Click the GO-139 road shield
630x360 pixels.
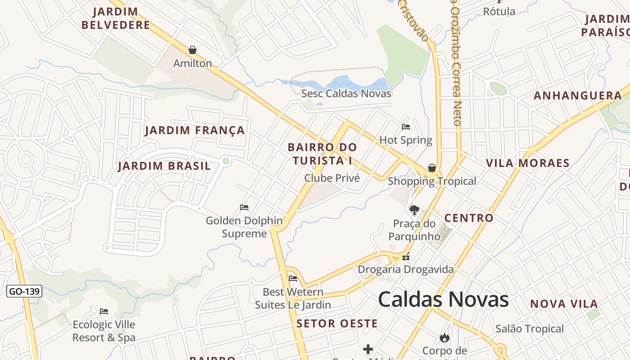24,291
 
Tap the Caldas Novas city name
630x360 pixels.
443,300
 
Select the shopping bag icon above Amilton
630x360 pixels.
193,50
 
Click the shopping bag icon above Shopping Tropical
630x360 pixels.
432,168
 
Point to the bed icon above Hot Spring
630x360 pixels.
406,127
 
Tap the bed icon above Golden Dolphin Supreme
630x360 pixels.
244,207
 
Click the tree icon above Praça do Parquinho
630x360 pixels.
414,210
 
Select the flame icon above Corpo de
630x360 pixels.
445,337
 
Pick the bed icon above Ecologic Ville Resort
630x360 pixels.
104,311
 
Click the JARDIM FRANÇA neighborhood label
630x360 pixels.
195,130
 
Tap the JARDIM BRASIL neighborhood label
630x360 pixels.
164,166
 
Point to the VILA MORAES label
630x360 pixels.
528,163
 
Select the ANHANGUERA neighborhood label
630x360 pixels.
578,95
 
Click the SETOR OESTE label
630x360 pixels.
337,324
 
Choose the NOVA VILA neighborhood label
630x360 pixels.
564,304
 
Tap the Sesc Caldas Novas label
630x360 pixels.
346,94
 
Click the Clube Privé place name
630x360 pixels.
332,178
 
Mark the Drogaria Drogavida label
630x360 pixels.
406,270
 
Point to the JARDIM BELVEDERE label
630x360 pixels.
116,18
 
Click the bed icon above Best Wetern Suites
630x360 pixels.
293,279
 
